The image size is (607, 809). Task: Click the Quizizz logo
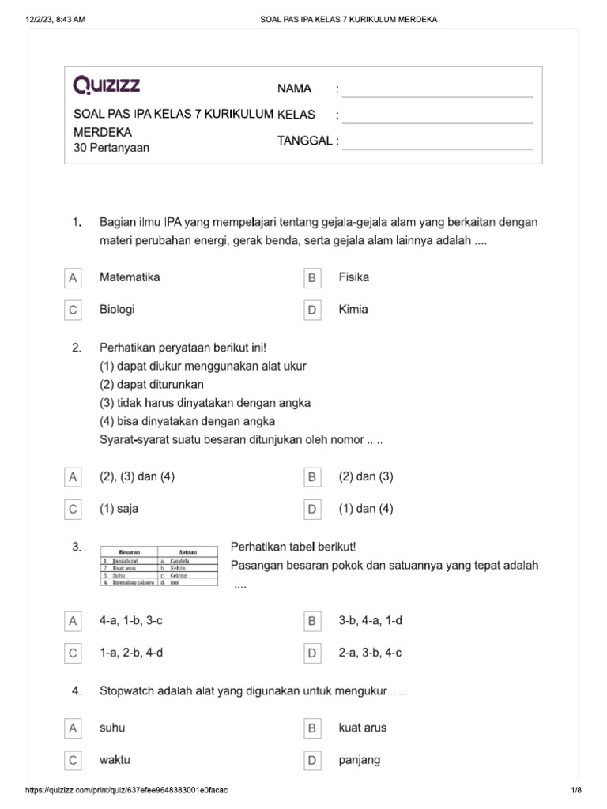(107, 85)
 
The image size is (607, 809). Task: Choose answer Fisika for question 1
(353, 277)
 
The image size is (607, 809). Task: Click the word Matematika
(130, 277)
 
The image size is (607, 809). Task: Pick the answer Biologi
(117, 310)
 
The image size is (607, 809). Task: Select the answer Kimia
(353, 310)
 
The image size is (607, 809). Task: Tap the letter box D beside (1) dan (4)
(312, 510)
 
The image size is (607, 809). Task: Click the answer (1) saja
(119, 509)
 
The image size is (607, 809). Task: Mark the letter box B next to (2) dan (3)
(312, 477)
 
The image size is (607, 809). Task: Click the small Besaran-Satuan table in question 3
(159, 567)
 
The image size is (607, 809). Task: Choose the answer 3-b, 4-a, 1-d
(370, 621)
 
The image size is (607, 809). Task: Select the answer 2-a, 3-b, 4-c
(370, 653)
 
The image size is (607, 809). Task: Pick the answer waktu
(115, 760)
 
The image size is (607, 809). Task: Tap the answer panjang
(359, 760)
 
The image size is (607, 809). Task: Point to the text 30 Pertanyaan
(111, 148)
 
